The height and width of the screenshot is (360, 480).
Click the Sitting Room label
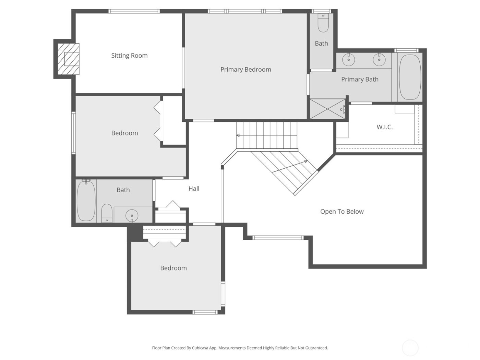point(129,56)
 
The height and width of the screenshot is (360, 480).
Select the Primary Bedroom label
point(245,69)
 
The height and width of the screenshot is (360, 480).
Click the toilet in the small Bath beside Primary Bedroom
point(323,23)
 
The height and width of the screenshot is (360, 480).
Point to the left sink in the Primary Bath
point(349,60)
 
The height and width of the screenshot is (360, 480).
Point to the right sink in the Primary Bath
point(379,60)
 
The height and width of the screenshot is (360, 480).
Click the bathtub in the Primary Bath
point(410,77)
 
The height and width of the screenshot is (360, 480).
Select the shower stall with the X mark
point(327,109)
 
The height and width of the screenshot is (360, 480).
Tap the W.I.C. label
point(384,127)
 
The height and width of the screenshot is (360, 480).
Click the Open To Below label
point(342,212)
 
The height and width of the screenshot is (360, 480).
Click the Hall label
point(194,189)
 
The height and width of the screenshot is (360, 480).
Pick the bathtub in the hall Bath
point(86,201)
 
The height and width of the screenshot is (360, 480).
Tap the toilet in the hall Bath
point(107,213)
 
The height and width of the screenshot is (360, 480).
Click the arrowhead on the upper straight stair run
point(238,135)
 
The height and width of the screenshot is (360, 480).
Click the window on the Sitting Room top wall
point(134,11)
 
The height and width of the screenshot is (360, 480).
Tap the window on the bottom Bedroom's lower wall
point(205,312)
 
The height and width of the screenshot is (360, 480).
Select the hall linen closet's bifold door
point(173,205)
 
